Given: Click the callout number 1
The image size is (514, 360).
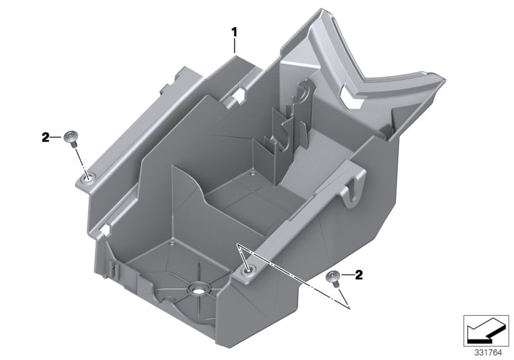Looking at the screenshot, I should [x=235, y=30].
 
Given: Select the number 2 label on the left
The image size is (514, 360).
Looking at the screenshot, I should [x=46, y=137].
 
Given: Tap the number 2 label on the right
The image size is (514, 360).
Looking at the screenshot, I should [x=359, y=276].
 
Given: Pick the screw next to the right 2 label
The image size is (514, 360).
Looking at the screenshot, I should [x=333, y=276].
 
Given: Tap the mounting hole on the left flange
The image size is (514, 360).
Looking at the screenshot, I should [x=86, y=175].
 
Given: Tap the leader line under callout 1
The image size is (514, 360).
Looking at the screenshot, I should [x=235, y=45].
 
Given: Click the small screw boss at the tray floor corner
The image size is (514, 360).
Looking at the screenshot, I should [x=172, y=244].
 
